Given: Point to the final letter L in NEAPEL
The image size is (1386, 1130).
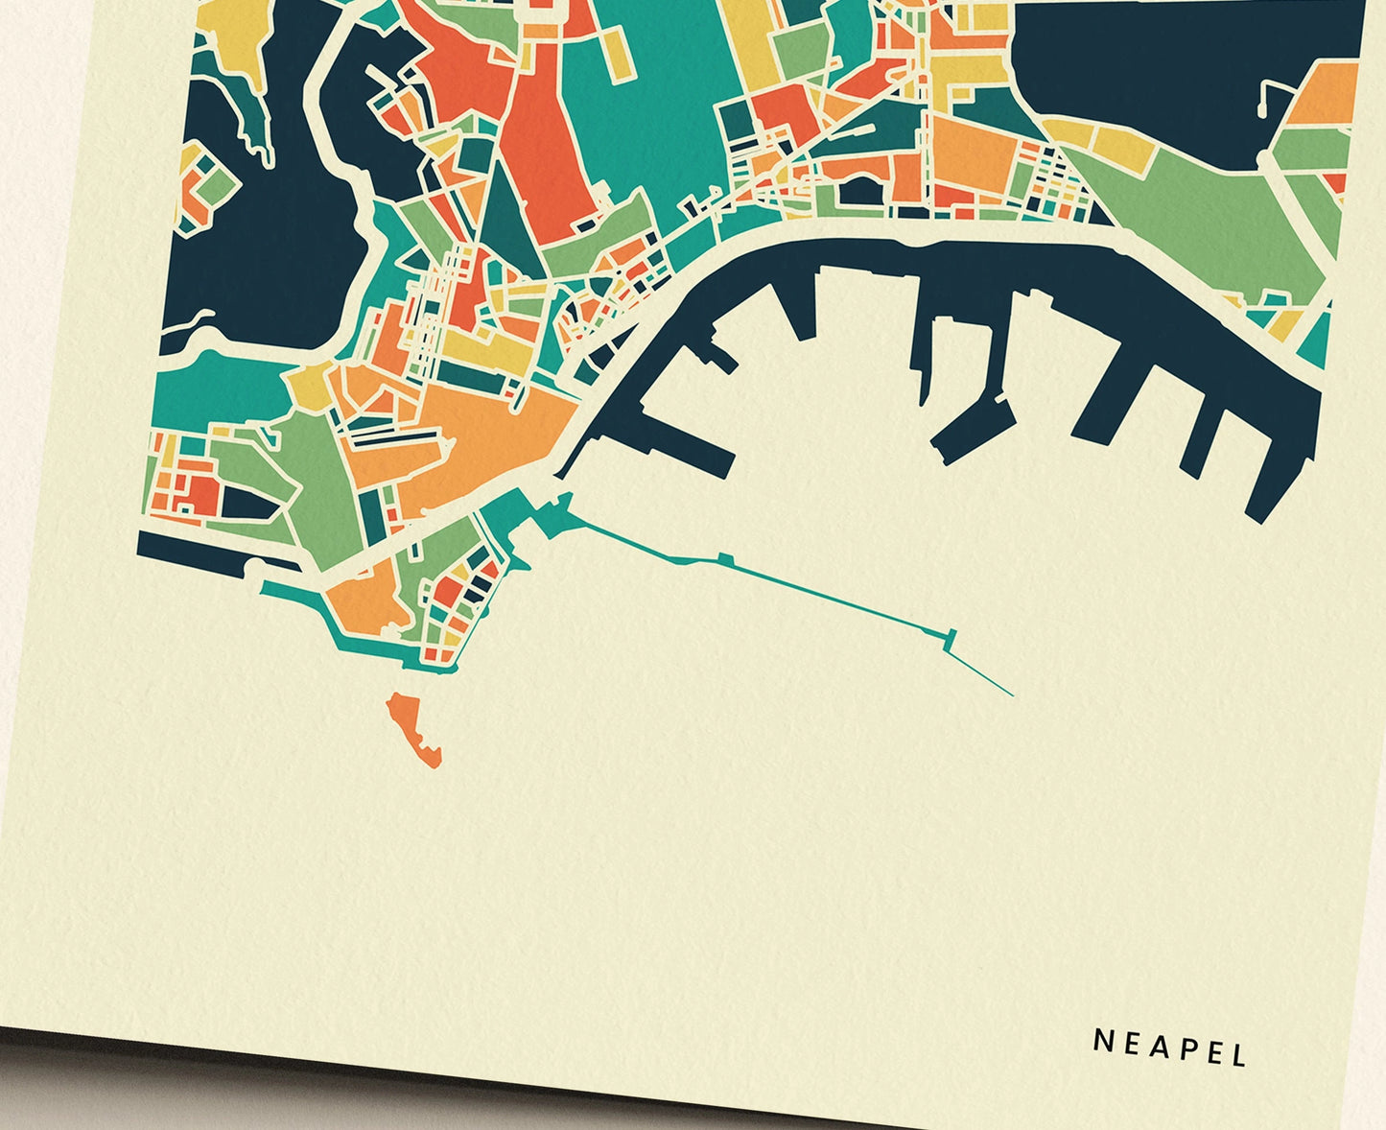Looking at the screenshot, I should tap(1238, 1055).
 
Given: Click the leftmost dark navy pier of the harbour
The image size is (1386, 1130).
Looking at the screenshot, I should tap(685, 428).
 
